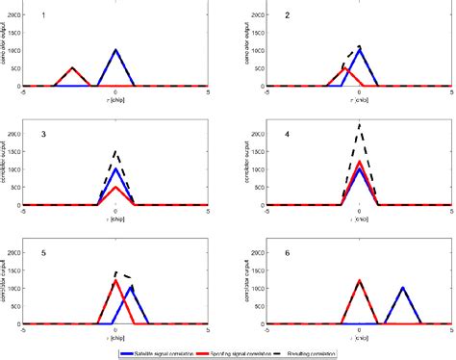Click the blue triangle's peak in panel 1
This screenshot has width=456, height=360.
115,49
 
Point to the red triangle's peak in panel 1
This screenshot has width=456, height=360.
73,67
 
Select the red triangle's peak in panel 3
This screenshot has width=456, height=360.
115,186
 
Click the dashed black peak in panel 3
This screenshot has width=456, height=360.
115,150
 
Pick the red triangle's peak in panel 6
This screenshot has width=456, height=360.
359,281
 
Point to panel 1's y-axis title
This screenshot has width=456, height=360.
7,48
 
